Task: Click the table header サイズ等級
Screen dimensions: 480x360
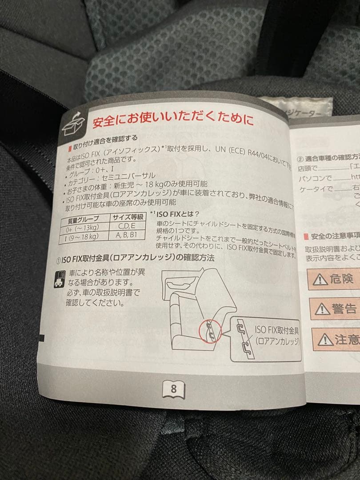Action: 128,218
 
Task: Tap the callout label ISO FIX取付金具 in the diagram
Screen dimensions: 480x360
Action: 277,330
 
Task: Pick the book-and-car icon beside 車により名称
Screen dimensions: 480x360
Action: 60,279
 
